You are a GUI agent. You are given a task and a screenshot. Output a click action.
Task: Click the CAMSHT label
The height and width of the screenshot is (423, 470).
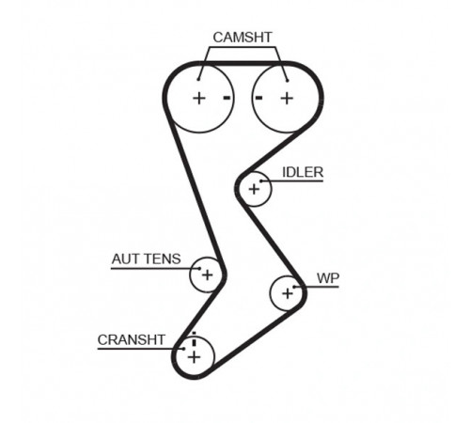(243, 38)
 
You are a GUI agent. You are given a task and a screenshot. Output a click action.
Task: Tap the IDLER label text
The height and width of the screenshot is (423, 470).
(303, 172)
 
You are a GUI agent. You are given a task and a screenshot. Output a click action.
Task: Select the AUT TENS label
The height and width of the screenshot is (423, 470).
(147, 259)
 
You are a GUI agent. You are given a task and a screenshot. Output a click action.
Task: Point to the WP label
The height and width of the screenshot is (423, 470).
(328, 278)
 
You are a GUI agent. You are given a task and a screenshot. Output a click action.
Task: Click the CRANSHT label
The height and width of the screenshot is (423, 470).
(131, 339)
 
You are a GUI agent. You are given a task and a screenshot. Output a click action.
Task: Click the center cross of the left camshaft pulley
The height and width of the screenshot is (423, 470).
(199, 99)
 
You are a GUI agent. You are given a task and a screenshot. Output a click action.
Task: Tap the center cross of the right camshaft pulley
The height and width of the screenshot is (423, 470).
(287, 99)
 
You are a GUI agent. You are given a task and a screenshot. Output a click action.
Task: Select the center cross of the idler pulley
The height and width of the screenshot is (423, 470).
(254, 189)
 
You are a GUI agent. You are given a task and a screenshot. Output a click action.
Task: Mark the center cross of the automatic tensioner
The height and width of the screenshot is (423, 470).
(207, 275)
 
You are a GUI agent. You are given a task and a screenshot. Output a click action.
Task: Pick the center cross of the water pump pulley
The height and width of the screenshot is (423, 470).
(288, 293)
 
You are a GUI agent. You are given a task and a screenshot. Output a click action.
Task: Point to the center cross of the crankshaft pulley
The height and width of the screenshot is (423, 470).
(194, 357)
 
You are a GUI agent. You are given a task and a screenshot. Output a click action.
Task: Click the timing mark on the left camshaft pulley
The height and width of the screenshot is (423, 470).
(227, 98)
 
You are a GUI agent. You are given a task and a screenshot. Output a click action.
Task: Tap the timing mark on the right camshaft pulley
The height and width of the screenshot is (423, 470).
(258, 98)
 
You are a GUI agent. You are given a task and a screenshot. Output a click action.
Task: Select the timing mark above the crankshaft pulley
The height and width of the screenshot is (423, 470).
(194, 338)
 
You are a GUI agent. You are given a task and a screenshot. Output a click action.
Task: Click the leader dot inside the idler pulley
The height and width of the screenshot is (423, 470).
(261, 180)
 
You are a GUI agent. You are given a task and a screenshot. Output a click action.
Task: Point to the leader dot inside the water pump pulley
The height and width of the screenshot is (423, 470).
(294, 287)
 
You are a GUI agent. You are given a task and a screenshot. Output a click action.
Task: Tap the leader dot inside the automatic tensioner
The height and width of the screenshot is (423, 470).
(199, 268)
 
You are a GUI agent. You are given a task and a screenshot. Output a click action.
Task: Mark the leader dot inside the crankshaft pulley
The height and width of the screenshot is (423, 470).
(184, 349)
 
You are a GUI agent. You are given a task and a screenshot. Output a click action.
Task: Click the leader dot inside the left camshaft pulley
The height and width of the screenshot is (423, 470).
(198, 80)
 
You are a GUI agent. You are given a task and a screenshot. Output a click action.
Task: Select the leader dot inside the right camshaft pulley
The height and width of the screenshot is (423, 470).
(287, 81)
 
